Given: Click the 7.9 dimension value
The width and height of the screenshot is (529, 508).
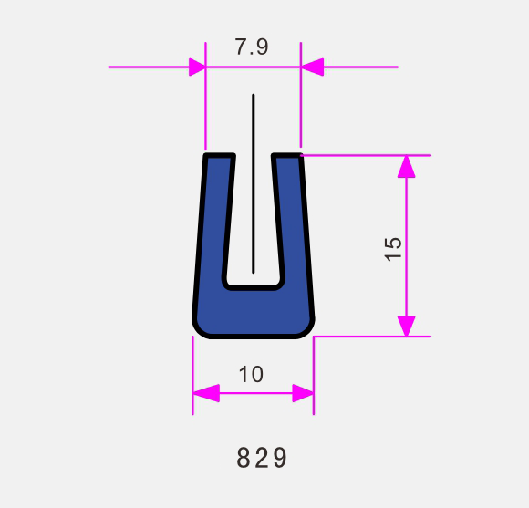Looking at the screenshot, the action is pyautogui.click(x=252, y=47).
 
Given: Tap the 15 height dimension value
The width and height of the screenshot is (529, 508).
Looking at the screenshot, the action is pyautogui.click(x=393, y=249).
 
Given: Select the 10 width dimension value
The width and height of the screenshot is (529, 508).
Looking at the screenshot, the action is pyautogui.click(x=251, y=374).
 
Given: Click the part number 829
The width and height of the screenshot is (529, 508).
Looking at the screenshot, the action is pyautogui.click(x=262, y=458).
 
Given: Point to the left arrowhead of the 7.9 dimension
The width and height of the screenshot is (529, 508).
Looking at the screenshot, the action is pyautogui.click(x=197, y=67).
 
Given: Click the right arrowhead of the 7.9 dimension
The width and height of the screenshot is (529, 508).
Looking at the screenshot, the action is pyautogui.click(x=312, y=67).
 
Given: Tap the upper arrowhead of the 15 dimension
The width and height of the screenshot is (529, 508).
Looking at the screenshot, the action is pyautogui.click(x=406, y=167).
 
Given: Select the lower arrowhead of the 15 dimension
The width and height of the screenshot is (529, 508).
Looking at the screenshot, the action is pyautogui.click(x=406, y=326).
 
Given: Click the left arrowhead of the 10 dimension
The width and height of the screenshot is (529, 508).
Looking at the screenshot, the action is pyautogui.click(x=206, y=393).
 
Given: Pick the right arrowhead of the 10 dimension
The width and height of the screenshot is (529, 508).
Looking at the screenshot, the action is pyautogui.click(x=303, y=393).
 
